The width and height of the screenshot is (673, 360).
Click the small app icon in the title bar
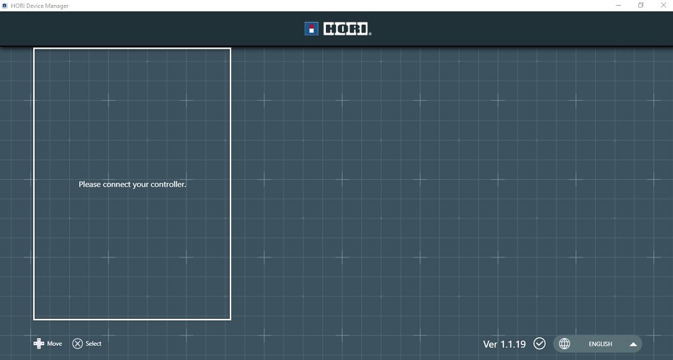(5, 6)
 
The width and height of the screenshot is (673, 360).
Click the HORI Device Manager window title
(40, 6)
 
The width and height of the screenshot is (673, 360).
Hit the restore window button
(640, 6)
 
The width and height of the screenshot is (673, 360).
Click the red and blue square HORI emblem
(311, 29)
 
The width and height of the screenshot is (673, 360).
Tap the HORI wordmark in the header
(347, 29)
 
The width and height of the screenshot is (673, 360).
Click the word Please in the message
(90, 185)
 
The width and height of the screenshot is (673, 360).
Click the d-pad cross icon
(39, 344)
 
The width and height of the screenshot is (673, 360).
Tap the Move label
(54, 344)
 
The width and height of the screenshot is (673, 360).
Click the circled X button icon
(78, 344)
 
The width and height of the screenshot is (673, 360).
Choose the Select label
(94, 344)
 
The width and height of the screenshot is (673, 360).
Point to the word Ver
(491, 344)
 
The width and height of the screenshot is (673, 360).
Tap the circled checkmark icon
(539, 344)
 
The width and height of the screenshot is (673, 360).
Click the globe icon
(564, 344)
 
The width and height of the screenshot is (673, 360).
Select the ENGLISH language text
(600, 344)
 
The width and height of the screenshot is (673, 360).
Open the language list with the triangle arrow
(633, 344)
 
